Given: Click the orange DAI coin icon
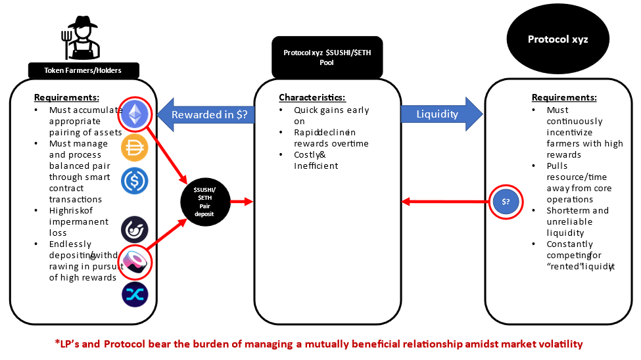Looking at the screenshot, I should [x=134, y=148].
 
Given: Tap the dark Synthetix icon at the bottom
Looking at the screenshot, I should [x=134, y=295].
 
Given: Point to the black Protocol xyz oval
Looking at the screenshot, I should [x=558, y=40].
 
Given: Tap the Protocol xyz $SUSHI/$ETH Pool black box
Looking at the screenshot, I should [x=327, y=57].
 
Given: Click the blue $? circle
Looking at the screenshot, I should [x=506, y=201].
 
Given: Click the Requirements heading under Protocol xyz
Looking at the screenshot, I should [x=563, y=97].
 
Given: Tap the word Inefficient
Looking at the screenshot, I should [x=316, y=166].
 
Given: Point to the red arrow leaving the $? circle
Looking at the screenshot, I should [x=446, y=201].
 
